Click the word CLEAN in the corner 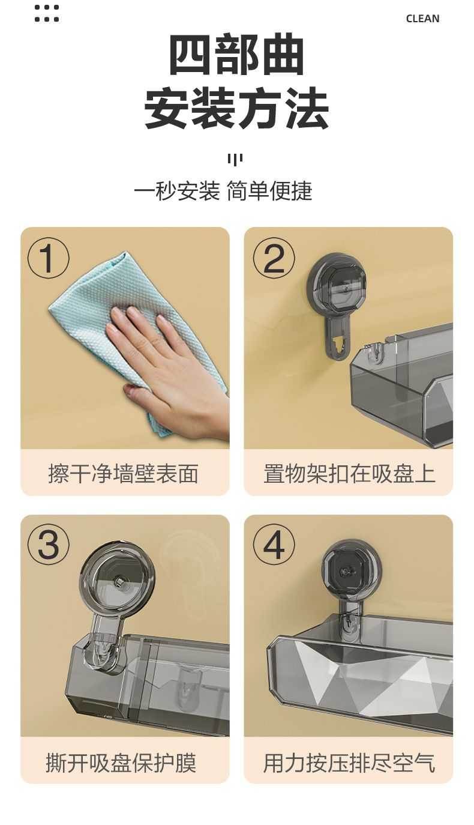point(422,19)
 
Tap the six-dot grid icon point(47,13)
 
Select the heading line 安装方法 point(236,108)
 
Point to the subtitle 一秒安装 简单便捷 point(223,191)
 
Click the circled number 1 point(48,258)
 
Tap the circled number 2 point(274,258)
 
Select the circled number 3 point(48,545)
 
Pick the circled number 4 point(274,545)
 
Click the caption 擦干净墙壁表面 point(124,474)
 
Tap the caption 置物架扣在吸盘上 point(349,474)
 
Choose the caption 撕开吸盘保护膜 point(121,763)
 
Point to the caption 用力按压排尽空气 point(349,763)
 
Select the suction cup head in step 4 point(352,570)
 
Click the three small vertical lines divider point(235,160)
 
